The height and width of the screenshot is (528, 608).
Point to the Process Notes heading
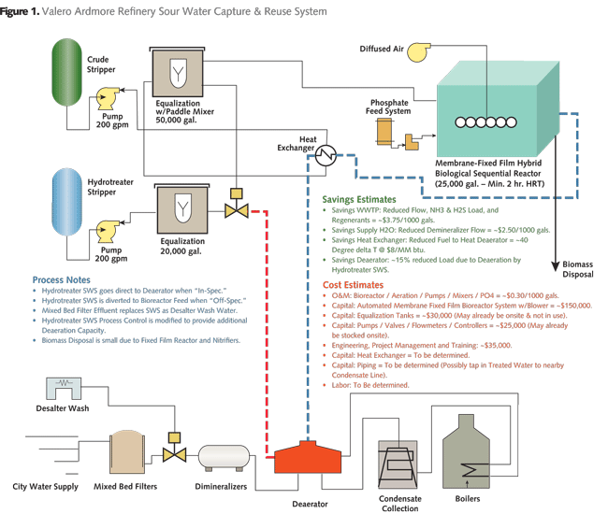[63, 279]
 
